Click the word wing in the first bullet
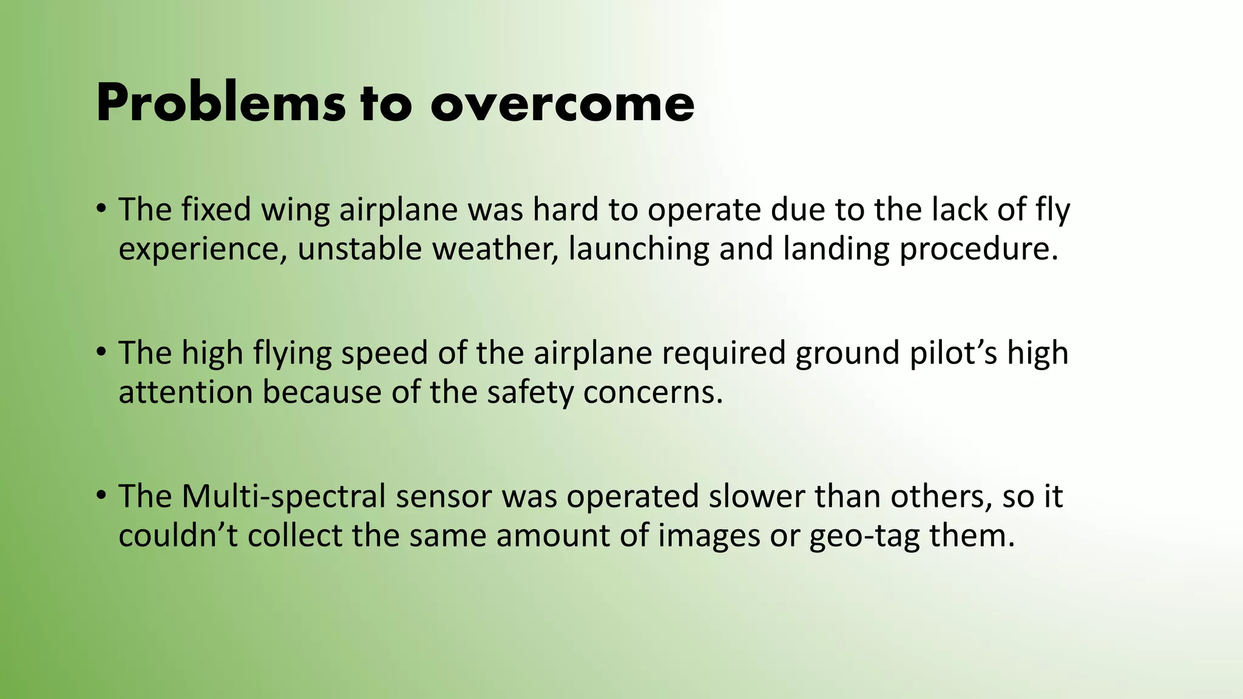tap(295, 211)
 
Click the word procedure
tap(978, 249)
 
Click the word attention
tap(185, 393)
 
